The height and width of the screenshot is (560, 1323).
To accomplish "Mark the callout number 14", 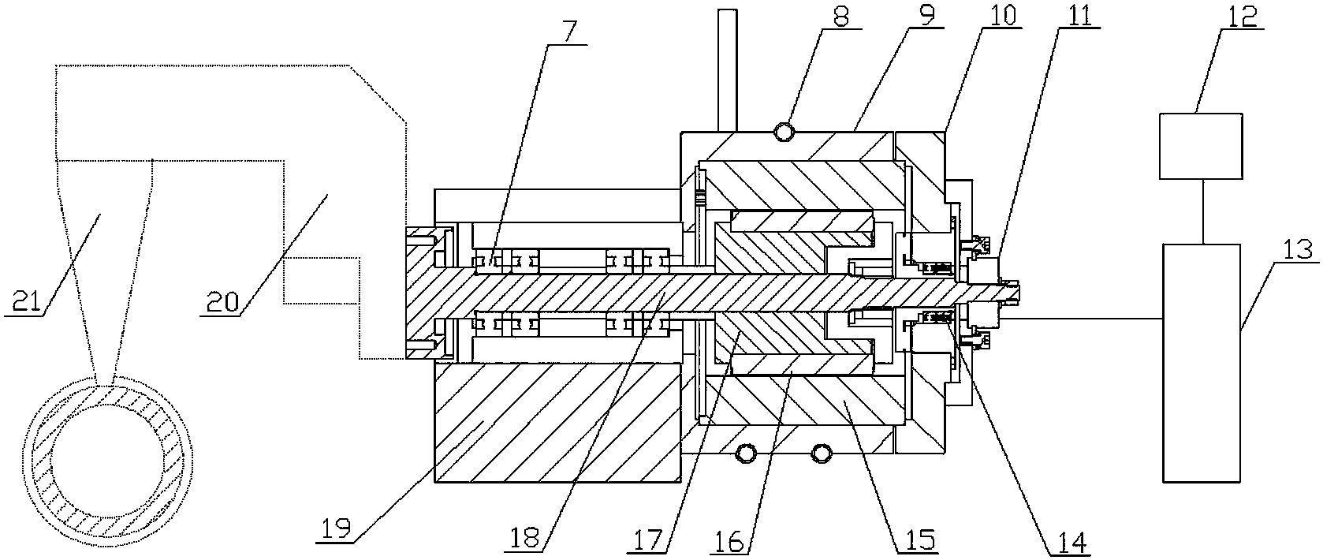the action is [1070, 543].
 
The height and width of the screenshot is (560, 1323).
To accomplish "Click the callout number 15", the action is [916, 540].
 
